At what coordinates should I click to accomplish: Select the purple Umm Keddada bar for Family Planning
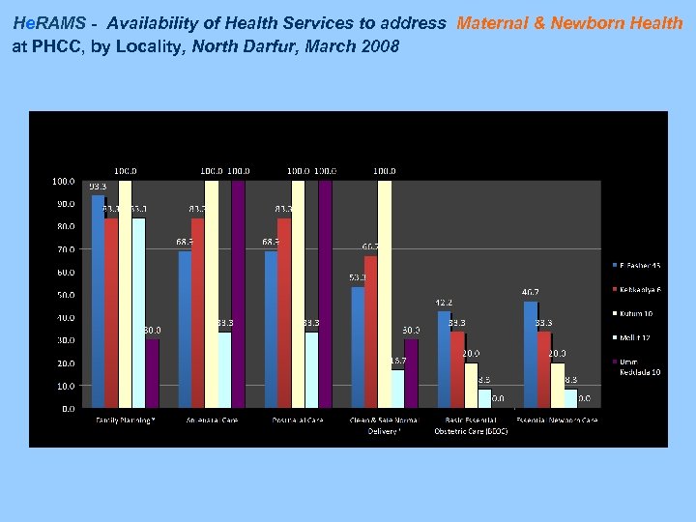point(153,373)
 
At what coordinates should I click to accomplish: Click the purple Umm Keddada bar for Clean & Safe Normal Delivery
point(412,373)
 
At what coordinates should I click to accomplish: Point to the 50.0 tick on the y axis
point(64,295)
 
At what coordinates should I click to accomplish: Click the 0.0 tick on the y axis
point(68,408)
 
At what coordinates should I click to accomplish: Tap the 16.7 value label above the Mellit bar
point(397,361)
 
